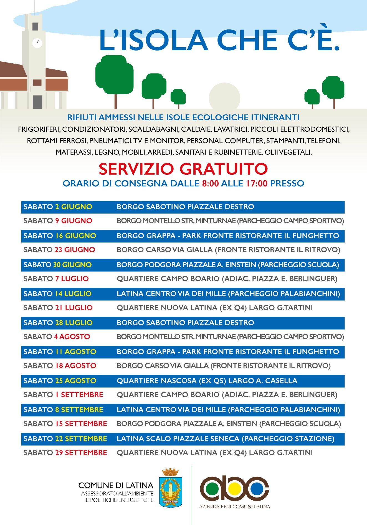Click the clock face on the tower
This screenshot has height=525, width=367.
[37, 43]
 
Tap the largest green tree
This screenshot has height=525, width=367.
[114, 75]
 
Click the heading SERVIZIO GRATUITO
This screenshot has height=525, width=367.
[183, 169]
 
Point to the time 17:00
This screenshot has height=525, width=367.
[257, 183]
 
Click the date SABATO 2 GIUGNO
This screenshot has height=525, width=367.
[58, 207]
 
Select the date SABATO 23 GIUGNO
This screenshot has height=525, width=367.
[59, 250]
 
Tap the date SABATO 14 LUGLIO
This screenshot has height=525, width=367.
[57, 294]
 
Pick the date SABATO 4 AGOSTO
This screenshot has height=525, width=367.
[57, 337]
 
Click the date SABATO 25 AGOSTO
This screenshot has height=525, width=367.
[60, 381]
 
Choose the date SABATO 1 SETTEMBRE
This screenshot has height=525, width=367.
[63, 395]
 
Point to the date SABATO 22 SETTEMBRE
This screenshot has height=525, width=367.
[65, 439]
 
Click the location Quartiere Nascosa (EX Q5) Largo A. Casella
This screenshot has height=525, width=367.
[207, 381]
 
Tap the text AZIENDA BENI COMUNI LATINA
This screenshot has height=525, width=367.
[234, 506]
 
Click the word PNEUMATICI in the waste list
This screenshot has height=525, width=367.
[110, 141]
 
